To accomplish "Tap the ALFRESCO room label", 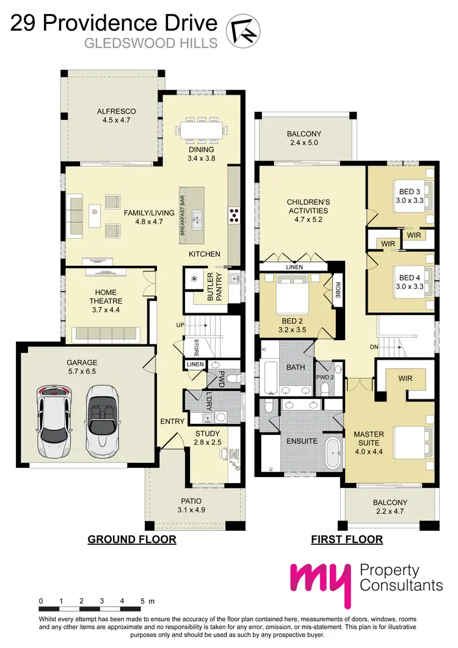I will pos(116,111).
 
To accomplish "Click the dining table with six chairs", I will pos(201,129).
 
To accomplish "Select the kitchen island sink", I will pos(198,219).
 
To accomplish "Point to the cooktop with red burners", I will pos(234,214).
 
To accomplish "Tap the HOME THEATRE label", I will pos(106,296).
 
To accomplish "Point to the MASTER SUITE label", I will pos(369,438).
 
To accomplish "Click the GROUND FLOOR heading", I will pos(132,539).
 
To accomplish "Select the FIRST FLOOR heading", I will pos(347,539).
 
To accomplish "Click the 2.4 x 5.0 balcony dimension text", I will pos(304,144).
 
